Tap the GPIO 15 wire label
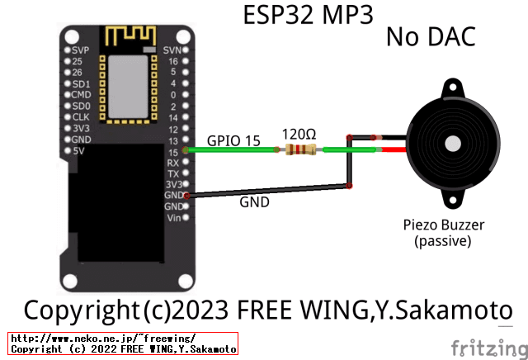(x=233, y=141)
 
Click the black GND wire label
(x=254, y=201)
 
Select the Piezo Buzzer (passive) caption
(x=443, y=233)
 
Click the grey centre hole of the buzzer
(x=453, y=143)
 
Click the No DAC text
(x=430, y=37)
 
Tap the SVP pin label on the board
(x=81, y=50)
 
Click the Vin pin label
(x=173, y=218)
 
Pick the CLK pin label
(x=81, y=117)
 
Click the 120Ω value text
(x=298, y=133)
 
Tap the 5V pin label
(x=79, y=151)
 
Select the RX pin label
(x=173, y=163)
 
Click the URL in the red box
(x=102, y=339)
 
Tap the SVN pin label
(x=172, y=50)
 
